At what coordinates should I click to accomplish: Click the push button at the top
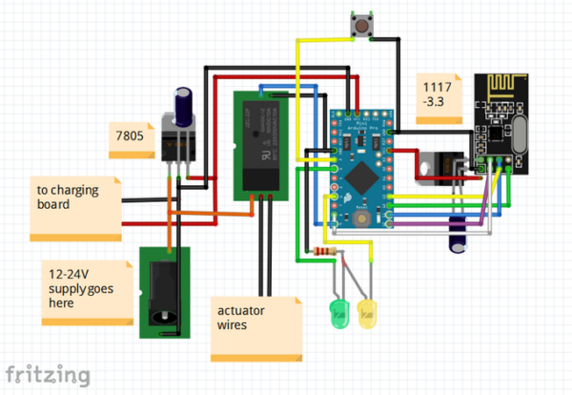pyautogui.click(x=361, y=26)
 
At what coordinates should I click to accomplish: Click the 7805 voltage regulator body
pyautogui.click(x=177, y=143)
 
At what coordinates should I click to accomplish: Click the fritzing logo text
pyautogui.click(x=48, y=372)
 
